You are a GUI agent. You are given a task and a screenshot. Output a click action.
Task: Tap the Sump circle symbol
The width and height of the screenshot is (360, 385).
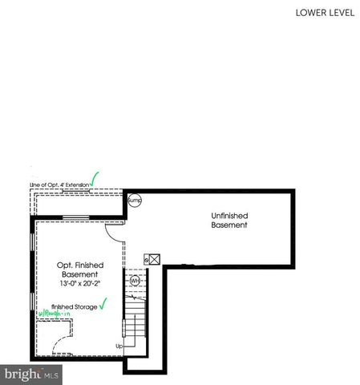135,201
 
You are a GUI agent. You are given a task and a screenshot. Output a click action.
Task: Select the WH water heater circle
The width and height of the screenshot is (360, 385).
135,281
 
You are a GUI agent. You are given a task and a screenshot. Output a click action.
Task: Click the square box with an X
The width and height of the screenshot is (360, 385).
150,260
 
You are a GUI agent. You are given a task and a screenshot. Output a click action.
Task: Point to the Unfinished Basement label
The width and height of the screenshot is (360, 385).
229,221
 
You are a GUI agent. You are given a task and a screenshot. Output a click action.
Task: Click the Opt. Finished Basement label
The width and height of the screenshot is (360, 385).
77,269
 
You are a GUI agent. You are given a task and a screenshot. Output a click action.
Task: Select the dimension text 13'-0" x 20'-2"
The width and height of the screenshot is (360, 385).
78,282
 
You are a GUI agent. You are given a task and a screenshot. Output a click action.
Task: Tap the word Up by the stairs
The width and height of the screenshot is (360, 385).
119,346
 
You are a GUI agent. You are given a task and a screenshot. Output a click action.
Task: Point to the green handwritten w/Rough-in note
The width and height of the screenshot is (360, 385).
54,314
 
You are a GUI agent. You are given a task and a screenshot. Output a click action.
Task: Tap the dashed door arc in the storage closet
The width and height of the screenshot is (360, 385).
61,347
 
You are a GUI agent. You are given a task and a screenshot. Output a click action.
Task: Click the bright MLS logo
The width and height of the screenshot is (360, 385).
31,374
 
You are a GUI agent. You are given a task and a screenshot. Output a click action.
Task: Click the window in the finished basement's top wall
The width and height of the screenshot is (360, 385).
76,217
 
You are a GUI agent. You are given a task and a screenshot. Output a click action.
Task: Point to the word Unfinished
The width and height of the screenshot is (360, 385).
229,215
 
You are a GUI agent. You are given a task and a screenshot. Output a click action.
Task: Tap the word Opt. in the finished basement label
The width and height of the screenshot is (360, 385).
65,264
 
